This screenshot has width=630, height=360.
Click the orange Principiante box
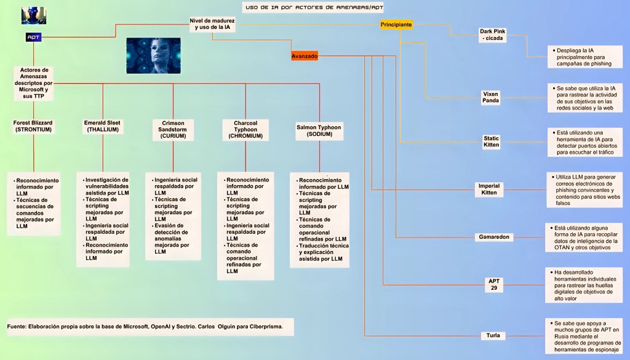[x=396, y=24]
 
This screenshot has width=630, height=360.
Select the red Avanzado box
[x=305, y=56]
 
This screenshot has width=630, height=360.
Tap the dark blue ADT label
[x=33, y=37]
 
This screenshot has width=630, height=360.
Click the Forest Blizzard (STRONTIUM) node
[x=33, y=126]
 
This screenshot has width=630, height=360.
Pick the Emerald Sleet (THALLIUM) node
[x=102, y=126]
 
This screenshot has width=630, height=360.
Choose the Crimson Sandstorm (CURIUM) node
[x=173, y=129]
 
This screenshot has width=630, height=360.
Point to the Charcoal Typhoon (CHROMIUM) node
[x=245, y=129]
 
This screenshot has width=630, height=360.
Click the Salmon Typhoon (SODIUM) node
[x=319, y=130]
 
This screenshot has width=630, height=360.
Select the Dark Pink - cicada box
[x=492, y=34]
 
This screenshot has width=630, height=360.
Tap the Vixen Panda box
[x=491, y=97]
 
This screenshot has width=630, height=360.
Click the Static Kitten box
[x=491, y=142]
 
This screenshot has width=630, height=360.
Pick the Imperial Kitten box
[x=489, y=189]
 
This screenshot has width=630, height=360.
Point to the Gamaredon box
[x=494, y=237]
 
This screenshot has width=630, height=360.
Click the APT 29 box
[x=494, y=284]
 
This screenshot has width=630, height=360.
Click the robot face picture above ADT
[x=33, y=15]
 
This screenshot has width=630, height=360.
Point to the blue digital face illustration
[x=153, y=56]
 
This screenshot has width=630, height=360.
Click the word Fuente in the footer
[x=17, y=326]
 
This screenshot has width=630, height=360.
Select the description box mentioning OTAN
[x=584, y=237]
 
